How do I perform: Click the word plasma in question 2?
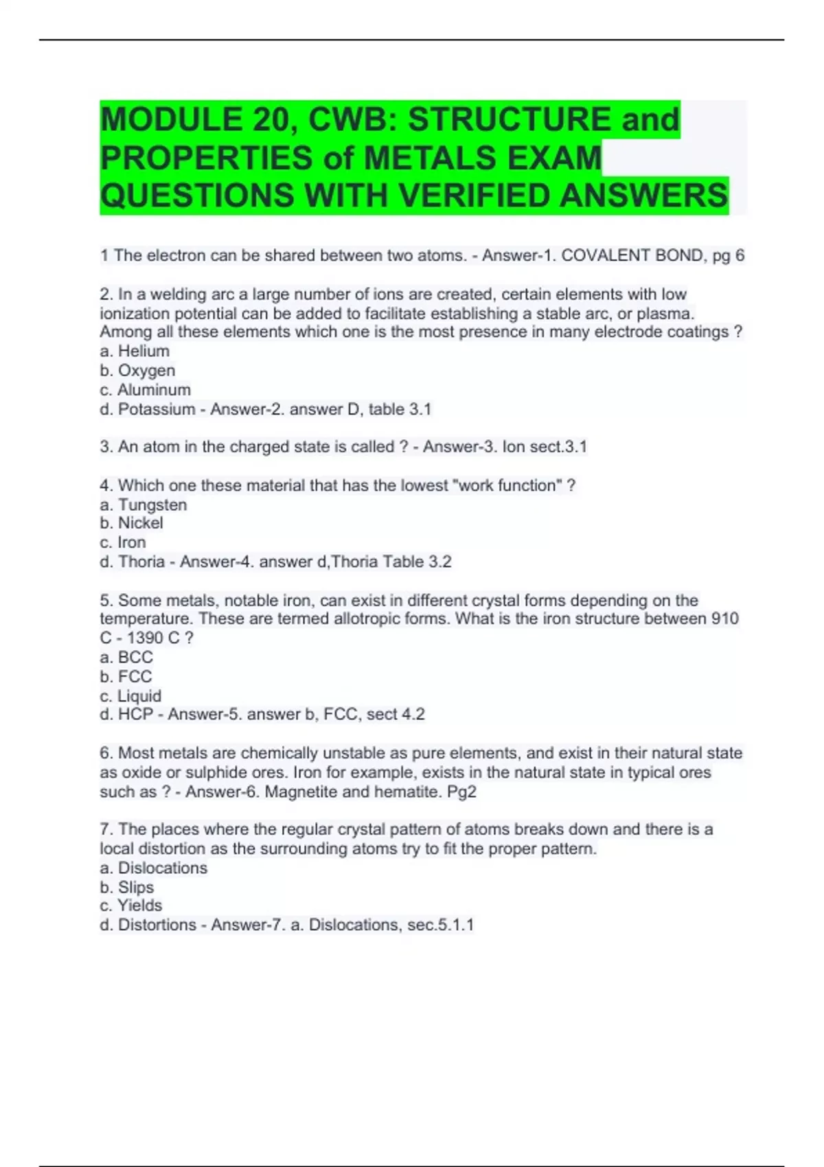[665, 314]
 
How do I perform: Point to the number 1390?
[145, 638]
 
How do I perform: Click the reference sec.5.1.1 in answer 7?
[440, 925]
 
